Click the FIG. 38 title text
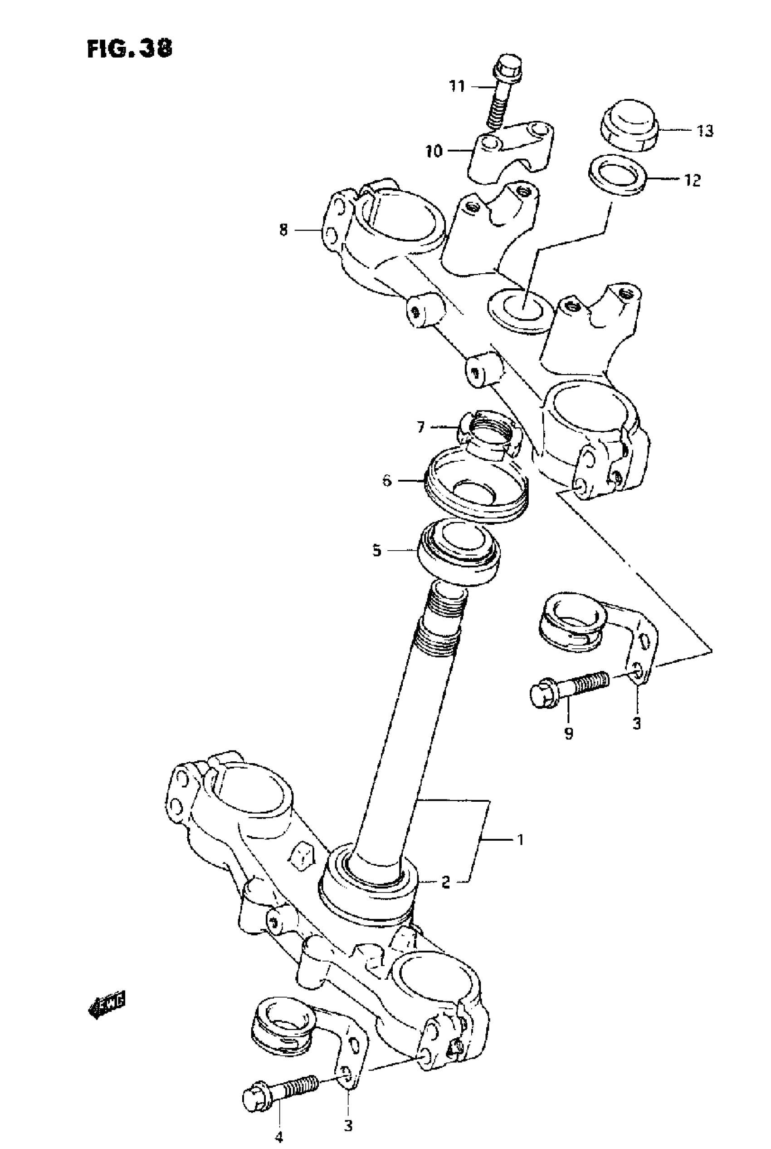pos(130,49)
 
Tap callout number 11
pos(457,87)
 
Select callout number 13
pos(705,131)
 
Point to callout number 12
pos(692,180)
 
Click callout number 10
pos(434,151)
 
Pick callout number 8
pos(283,230)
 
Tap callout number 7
pos(421,427)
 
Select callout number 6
pos(387,481)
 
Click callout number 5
pos(376,550)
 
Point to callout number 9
pos(568,734)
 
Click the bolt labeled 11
pos(503,94)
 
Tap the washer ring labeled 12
pos(618,176)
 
